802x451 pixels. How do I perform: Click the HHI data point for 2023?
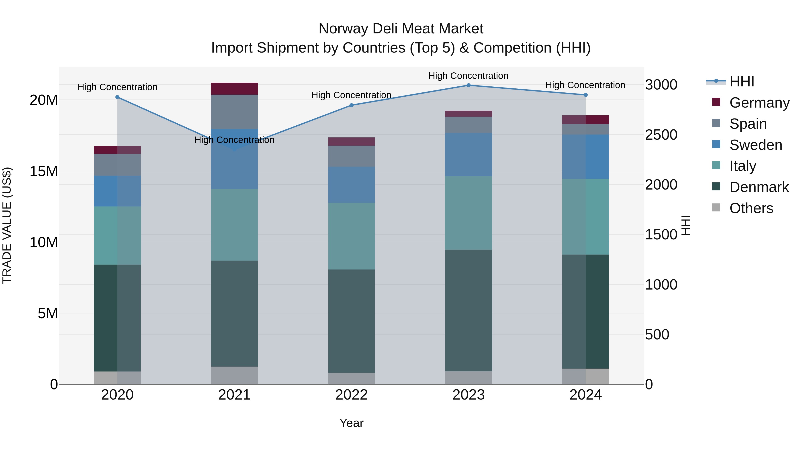(x=468, y=85)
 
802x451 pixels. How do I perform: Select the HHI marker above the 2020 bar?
(x=117, y=97)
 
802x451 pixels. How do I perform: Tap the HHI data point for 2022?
(x=352, y=105)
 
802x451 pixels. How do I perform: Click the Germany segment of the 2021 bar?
(x=234, y=89)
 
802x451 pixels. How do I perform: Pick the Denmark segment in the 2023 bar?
(x=468, y=310)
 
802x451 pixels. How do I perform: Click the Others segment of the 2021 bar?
(x=234, y=375)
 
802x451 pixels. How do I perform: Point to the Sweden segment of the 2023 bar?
(x=468, y=155)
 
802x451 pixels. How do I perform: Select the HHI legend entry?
(x=742, y=82)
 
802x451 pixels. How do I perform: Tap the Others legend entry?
(x=751, y=208)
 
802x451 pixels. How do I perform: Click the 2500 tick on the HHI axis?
(x=661, y=135)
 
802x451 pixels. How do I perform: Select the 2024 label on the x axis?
(x=585, y=395)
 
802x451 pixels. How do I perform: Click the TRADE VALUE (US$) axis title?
(x=7, y=225)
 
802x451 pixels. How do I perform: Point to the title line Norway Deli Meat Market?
(x=401, y=29)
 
